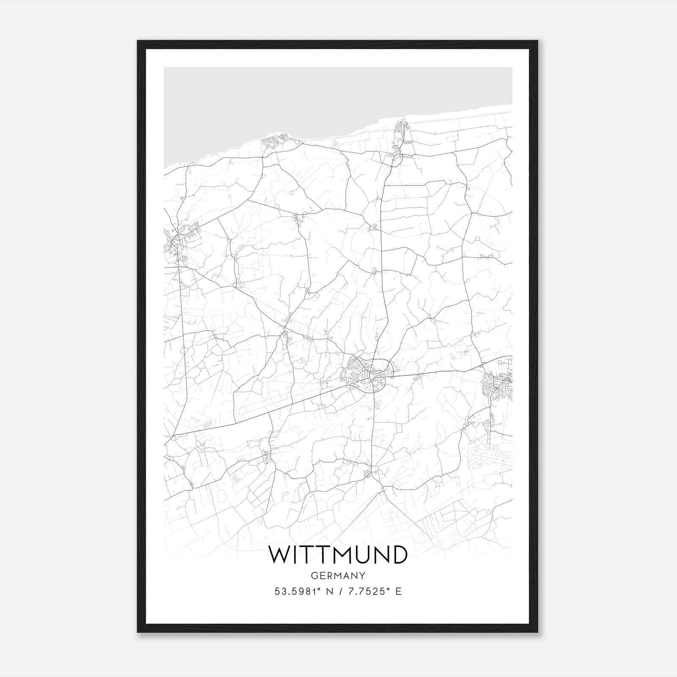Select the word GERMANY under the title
click(x=338, y=575)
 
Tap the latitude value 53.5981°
click(x=299, y=591)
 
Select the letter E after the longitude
click(x=398, y=591)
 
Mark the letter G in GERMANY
click(x=314, y=575)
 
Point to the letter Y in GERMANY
click(x=362, y=575)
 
